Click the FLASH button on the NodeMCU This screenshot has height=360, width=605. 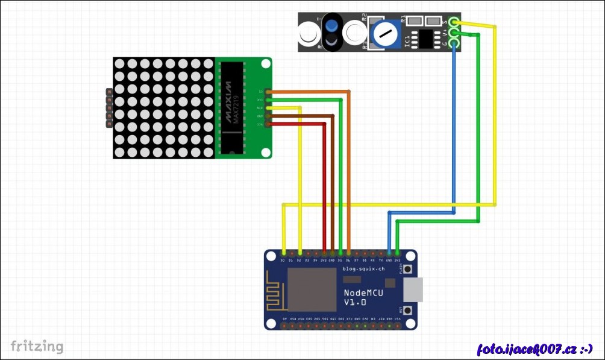(408, 269)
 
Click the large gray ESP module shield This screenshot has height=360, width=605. (312, 289)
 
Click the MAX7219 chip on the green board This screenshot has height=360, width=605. (230, 108)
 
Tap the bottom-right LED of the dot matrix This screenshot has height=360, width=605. (208, 152)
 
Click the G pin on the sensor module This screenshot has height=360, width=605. (454, 43)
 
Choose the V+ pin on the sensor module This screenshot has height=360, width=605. (454, 33)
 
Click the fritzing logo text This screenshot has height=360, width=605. (37, 346)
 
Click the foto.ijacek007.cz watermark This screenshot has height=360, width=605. (534, 349)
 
